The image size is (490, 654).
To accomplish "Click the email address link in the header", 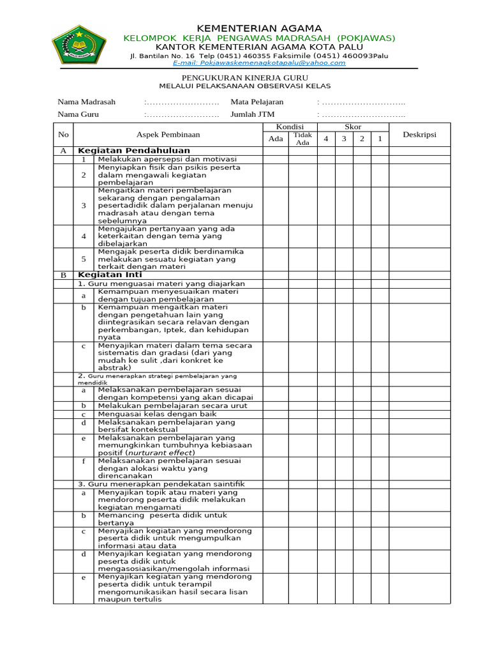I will [x=259, y=63].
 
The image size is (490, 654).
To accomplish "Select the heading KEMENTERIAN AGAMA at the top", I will [x=259, y=28].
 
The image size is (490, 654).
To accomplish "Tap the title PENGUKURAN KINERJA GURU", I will [x=244, y=77].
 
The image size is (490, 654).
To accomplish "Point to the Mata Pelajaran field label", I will [x=257, y=102].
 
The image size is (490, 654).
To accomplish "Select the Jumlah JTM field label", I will [x=253, y=114].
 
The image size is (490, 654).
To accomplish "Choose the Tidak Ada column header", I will [x=302, y=139].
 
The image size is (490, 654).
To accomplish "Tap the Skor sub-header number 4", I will [x=326, y=139].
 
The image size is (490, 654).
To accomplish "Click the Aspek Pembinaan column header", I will [x=168, y=134].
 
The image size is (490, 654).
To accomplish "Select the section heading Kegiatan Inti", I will [x=110, y=275].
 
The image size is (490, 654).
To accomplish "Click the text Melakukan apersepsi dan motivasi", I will [x=167, y=159].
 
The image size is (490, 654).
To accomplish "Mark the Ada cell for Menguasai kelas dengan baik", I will [x=275, y=414].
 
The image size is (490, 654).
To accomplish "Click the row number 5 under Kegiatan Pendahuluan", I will [x=84, y=259].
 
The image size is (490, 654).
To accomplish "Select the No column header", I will [x=63, y=134].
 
